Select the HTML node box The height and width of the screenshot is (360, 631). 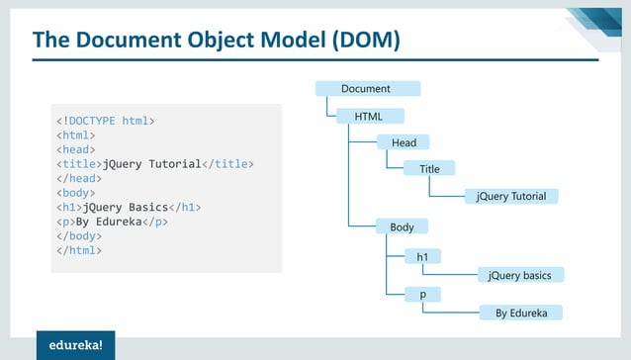[367, 117]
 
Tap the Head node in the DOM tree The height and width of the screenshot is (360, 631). [404, 143]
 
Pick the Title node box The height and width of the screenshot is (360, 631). [429, 169]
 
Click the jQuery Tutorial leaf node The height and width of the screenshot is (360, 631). [511, 196]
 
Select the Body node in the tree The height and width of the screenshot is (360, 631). [402, 227]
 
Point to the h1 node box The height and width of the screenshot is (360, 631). [422, 257]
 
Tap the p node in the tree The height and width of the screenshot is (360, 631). [422, 295]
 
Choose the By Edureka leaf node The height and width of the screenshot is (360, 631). [521, 313]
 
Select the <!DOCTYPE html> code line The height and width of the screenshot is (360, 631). [105, 121]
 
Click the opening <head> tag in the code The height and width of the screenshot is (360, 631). [75, 149]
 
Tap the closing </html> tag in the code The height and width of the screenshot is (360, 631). [78, 250]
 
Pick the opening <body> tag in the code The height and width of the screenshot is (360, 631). [75, 193]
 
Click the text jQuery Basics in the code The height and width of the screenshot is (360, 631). [124, 208]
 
